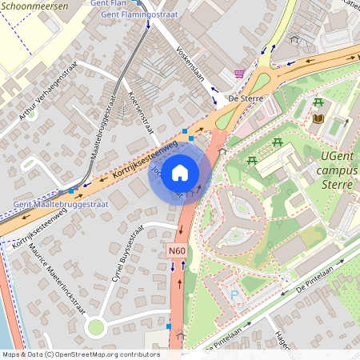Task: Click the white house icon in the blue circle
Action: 180,173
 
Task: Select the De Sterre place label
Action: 246,98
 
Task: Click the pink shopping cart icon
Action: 239,74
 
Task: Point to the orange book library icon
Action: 318,118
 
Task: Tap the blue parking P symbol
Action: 234,295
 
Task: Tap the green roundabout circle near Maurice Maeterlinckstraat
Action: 97,326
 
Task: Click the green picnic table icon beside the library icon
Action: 319,102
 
